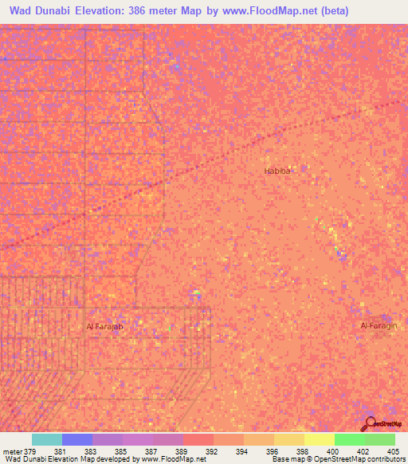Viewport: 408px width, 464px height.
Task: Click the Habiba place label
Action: point(277,171)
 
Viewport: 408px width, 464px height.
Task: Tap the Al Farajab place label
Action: point(106,327)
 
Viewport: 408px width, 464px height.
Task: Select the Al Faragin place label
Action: point(379,326)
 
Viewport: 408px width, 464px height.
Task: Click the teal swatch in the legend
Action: point(47,439)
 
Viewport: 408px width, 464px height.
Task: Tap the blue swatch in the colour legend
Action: point(77,439)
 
